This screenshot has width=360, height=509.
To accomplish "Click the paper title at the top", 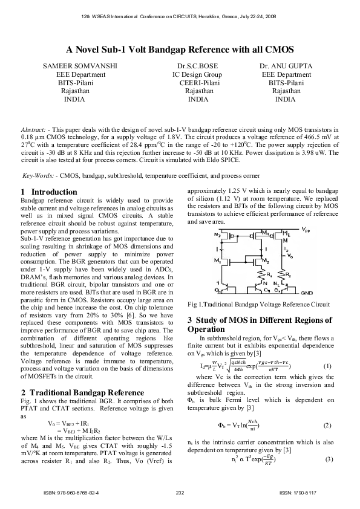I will pyautogui.click(x=180, y=50).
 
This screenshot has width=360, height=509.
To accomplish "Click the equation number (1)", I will pyautogui.click(x=327, y=366).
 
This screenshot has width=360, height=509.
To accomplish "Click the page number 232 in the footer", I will pyautogui.click(x=180, y=493).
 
